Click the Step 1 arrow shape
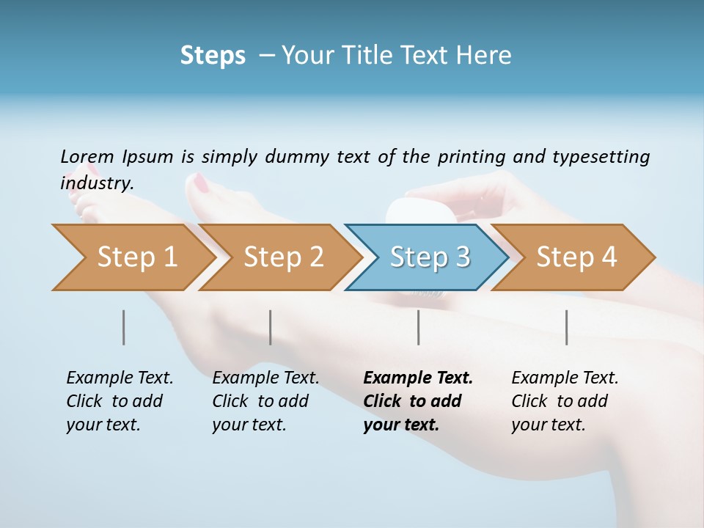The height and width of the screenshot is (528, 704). (136, 257)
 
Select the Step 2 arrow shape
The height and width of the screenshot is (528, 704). (283, 257)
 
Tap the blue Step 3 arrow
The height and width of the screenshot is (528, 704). (430, 257)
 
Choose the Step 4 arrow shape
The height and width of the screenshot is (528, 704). (576, 257)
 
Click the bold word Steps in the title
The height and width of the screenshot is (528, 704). (213, 56)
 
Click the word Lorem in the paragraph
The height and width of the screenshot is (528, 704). (87, 156)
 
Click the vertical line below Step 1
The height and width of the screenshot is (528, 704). (123, 327)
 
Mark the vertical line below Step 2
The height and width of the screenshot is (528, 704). (271, 327)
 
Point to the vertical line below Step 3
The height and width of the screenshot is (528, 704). (418, 327)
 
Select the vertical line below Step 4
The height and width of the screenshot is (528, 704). (566, 327)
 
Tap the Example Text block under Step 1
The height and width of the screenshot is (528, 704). (120, 400)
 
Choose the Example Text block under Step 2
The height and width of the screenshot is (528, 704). (265, 400)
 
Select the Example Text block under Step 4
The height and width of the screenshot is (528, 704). (565, 400)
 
